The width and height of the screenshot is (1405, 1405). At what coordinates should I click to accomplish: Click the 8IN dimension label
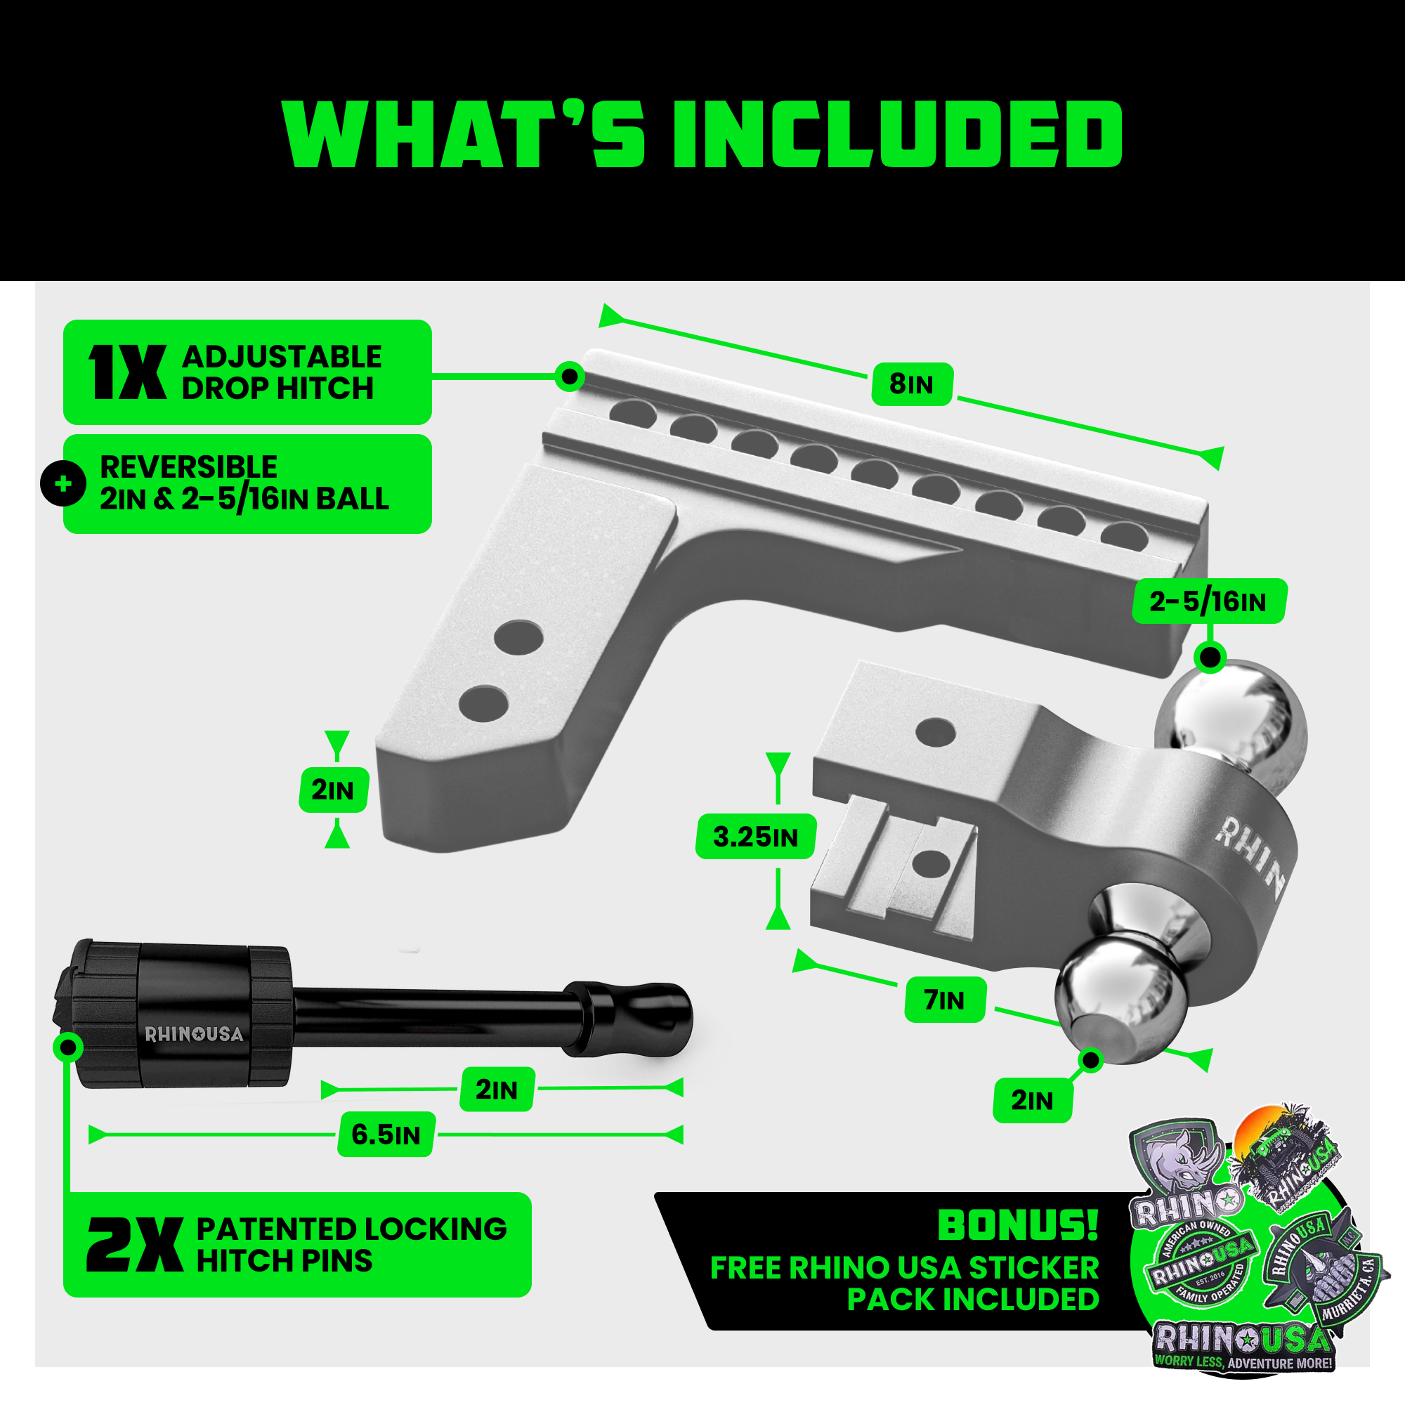tap(911, 384)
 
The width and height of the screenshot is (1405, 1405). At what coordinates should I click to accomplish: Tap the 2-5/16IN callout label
tap(1208, 601)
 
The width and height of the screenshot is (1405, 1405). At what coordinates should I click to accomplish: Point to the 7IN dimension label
tap(945, 1000)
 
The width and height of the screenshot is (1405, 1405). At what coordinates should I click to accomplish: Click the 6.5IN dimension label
tap(386, 1135)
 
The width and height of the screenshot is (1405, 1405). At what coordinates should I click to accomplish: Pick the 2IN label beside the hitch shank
tap(333, 790)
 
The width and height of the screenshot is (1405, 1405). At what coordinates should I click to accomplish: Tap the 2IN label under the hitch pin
tap(497, 1090)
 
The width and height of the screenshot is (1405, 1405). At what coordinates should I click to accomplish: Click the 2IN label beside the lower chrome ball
tap(1031, 1100)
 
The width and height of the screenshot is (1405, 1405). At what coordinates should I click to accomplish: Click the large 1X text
tap(128, 372)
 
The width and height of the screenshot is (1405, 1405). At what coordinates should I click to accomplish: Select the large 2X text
tap(135, 1246)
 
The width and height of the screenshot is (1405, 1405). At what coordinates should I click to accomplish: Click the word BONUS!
tap(1017, 1225)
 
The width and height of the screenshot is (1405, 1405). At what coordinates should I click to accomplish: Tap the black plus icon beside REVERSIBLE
tap(63, 483)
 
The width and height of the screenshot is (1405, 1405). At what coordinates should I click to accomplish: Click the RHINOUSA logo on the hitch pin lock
tap(194, 1034)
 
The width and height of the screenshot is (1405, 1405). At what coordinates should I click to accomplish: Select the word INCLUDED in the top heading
tap(897, 136)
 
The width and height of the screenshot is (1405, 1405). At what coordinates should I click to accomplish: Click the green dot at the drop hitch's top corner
tap(570, 376)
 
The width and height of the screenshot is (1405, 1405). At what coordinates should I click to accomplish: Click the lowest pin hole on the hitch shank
tap(483, 703)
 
